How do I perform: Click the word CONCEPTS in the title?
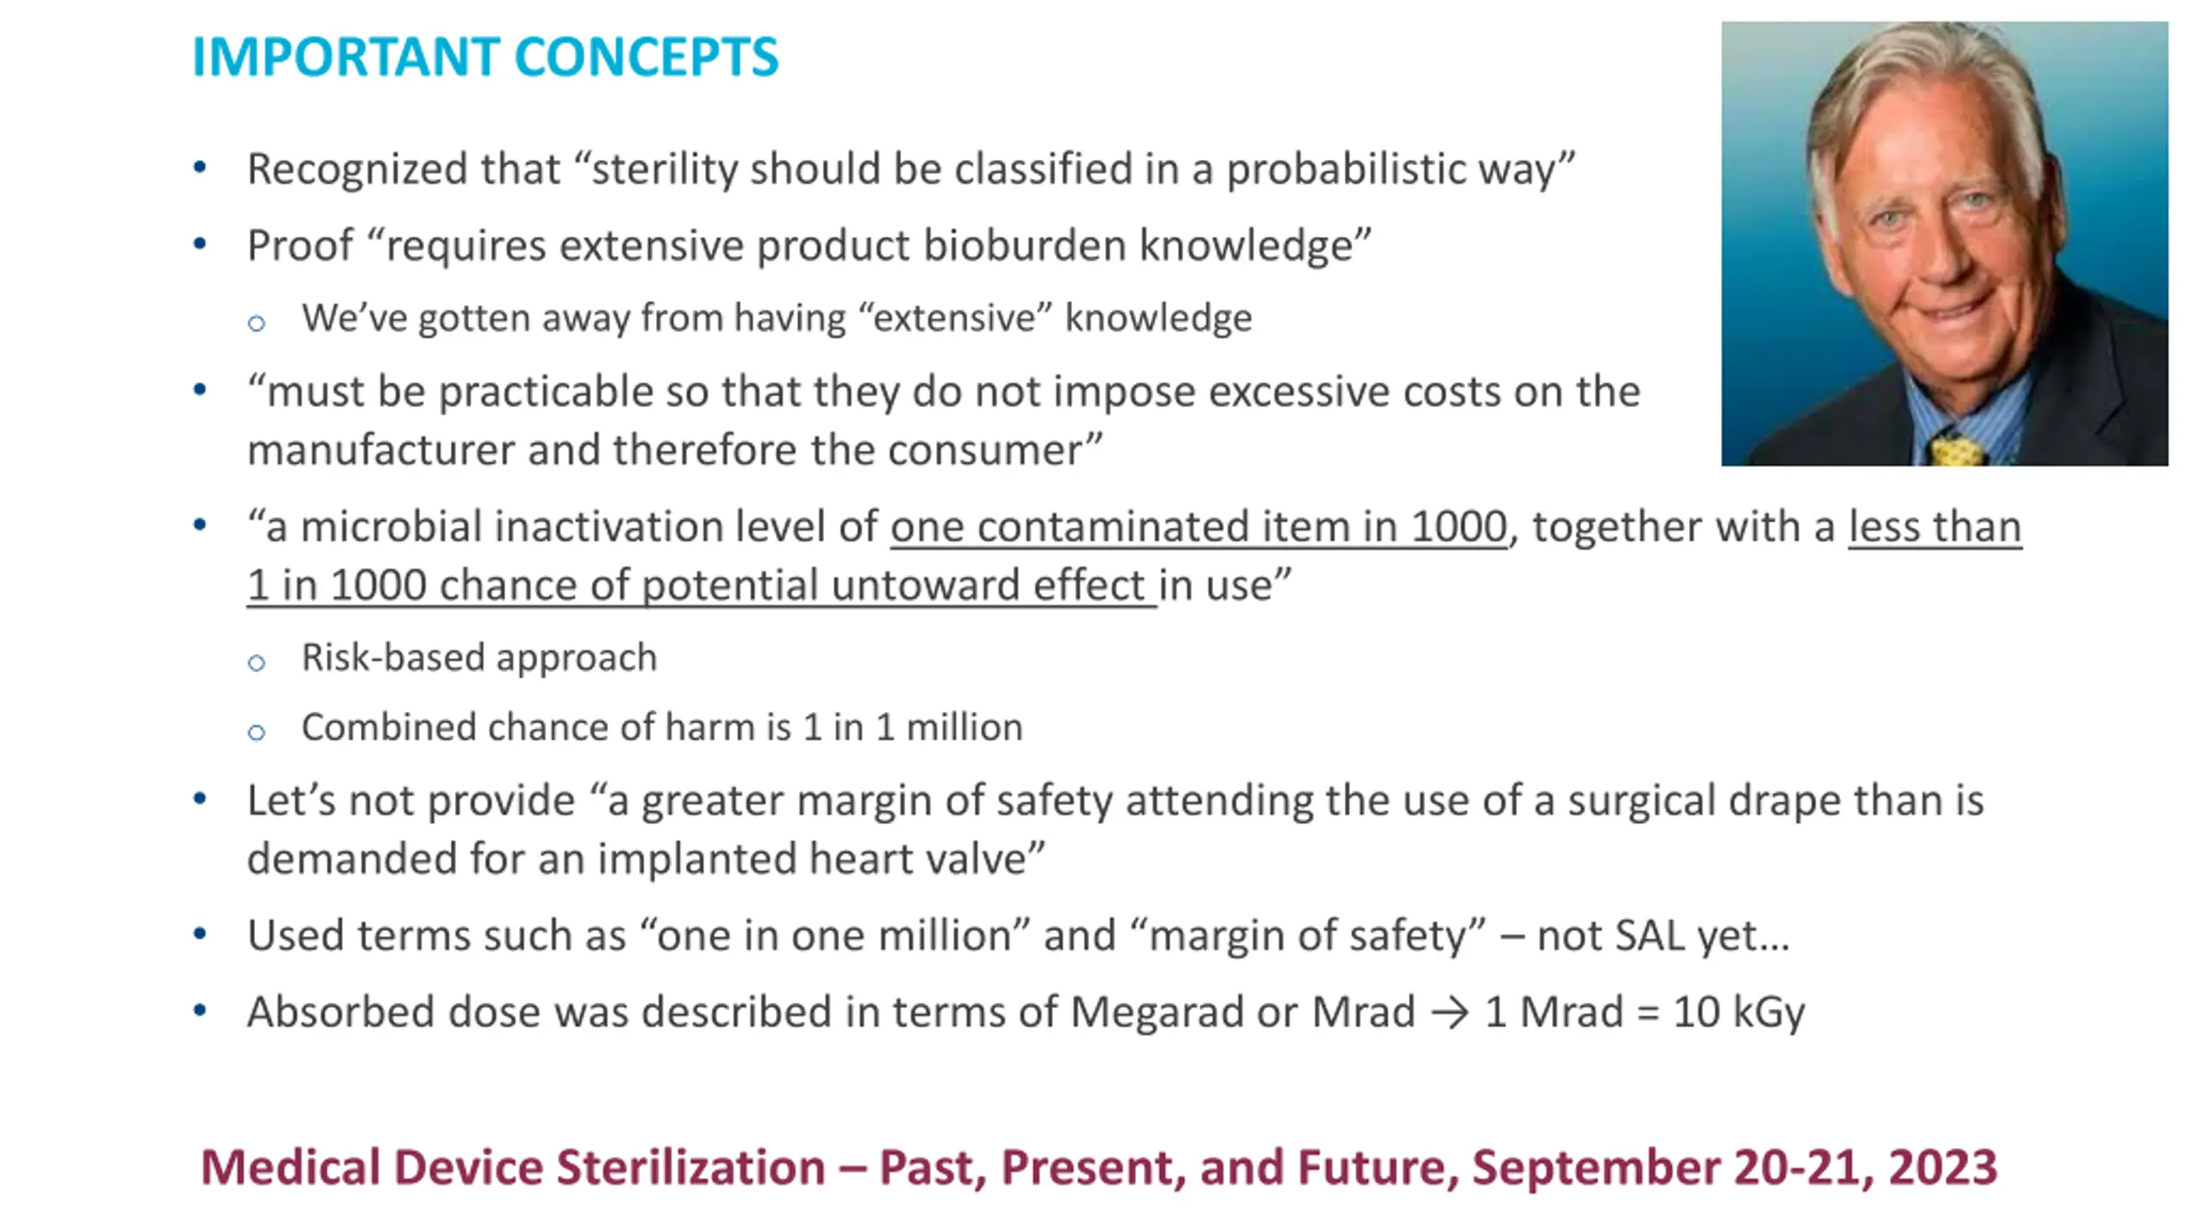647,57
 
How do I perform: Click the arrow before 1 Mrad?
1450,1014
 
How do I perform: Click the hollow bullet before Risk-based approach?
256,663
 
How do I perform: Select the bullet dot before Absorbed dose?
199,1011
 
